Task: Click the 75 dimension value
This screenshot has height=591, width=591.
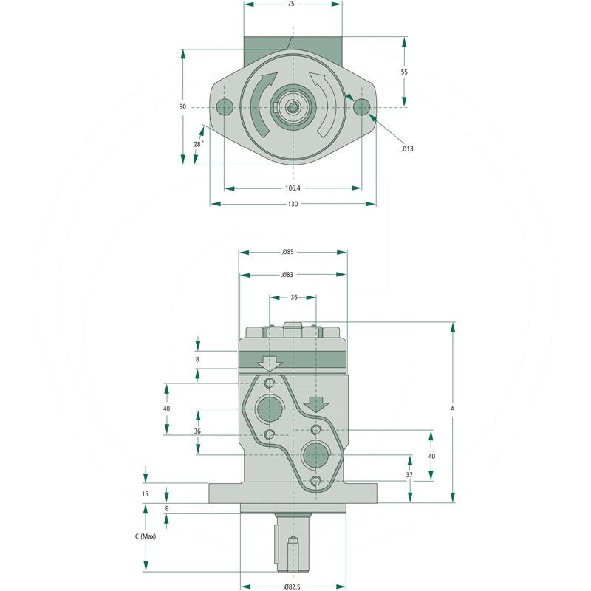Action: pos(291,4)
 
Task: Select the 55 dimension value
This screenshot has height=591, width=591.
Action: pos(404,72)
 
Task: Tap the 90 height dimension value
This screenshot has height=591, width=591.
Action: pos(182,107)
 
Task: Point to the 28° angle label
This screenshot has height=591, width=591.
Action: pos(197,144)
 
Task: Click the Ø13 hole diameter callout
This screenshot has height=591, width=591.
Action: pos(407,148)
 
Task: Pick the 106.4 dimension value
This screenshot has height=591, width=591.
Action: pos(293,188)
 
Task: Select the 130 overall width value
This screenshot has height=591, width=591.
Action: pos(293,204)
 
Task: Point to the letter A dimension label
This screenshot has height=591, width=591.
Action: pos(452,409)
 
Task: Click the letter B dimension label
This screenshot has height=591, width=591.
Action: pos(197,359)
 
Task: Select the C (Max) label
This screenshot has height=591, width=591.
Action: pos(146,536)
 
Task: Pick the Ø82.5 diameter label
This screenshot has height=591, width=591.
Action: pos(293,587)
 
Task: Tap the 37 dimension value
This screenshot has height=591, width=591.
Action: pos(409,474)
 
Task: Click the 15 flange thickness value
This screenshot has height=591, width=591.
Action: pos(146,493)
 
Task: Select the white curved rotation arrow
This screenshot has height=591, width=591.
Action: pos(322,103)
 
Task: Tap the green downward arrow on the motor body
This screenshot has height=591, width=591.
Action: pos(316,404)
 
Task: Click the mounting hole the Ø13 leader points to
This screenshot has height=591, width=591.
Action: pos(361,107)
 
